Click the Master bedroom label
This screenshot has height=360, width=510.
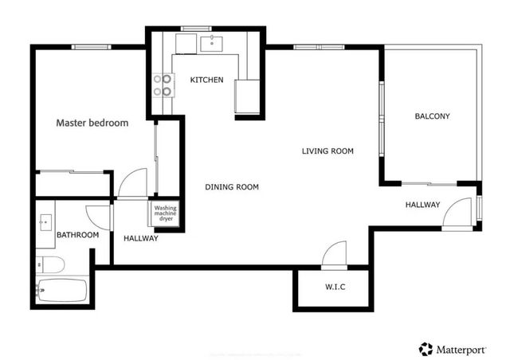(x=92, y=123)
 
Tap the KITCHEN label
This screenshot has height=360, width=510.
(x=206, y=80)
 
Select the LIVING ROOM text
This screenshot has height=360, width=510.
(x=328, y=151)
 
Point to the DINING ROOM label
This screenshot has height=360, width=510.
(x=232, y=187)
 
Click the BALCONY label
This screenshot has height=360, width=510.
(x=433, y=116)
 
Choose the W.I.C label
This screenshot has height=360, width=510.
(x=335, y=287)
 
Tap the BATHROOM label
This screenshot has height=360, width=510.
(x=77, y=235)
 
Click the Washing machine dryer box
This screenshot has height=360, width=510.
(x=166, y=213)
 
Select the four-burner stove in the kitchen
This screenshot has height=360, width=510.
(x=163, y=84)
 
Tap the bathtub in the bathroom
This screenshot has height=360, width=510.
(x=62, y=290)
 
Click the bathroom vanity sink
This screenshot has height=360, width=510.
(x=45, y=221)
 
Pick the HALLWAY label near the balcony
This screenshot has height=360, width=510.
(x=422, y=205)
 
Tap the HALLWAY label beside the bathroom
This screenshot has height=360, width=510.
(x=141, y=238)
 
